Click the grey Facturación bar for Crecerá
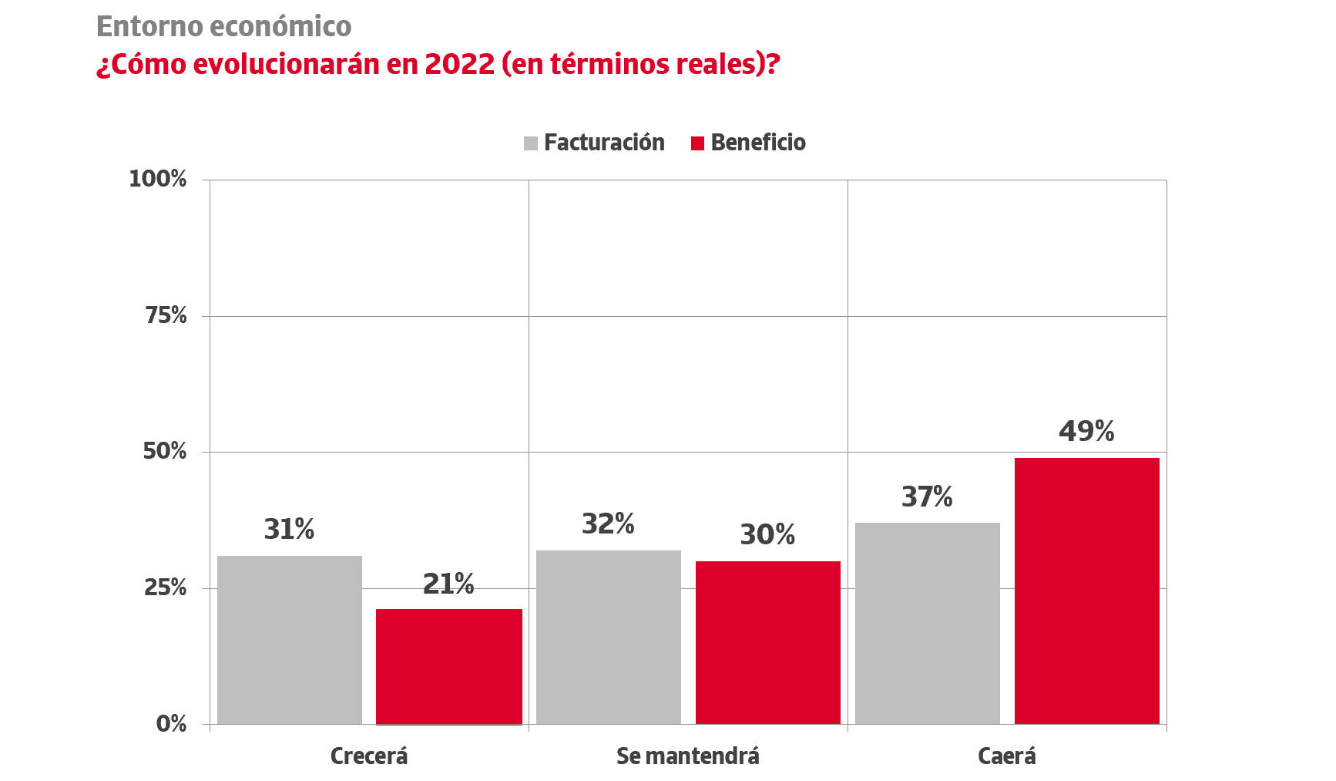click(290, 639)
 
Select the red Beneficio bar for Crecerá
click(449, 666)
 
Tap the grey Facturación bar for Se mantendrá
click(609, 637)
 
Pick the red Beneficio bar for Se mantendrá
click(768, 642)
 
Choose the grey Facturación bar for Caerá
click(928, 623)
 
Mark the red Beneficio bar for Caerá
click(1087, 591)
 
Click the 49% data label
click(1086, 431)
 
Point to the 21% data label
click(448, 584)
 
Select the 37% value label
click(927, 497)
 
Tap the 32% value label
click(608, 524)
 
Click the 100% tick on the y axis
click(158, 179)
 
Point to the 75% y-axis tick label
click(166, 315)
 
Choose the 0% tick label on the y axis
click(171, 724)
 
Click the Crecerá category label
click(369, 756)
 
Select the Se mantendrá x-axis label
click(688, 756)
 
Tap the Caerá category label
click(1007, 756)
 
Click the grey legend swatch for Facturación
click(531, 143)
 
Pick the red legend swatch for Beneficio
click(698, 143)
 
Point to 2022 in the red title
click(459, 64)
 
